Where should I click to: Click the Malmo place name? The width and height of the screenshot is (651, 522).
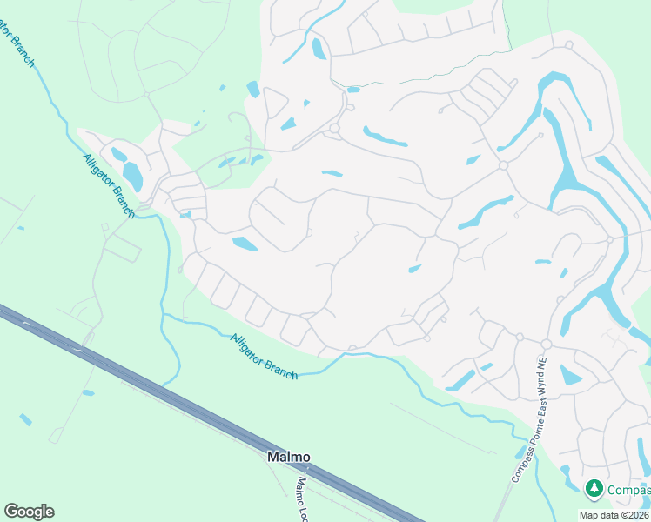coord(288,457)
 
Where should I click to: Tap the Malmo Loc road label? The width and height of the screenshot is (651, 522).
coord(304,497)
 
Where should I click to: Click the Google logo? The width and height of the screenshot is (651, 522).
coord(29,512)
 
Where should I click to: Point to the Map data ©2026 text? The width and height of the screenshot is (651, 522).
coord(614,515)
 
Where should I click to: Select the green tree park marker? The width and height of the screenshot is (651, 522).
coord(594,489)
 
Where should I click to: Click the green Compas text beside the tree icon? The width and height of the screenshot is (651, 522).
coord(629,490)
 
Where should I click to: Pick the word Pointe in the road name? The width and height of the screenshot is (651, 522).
coord(523,446)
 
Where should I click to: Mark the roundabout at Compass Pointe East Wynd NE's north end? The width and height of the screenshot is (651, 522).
coord(547,345)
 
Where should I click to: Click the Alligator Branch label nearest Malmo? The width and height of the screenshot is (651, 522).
coord(265,357)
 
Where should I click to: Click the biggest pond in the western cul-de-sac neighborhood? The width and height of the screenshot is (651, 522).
coord(133,176)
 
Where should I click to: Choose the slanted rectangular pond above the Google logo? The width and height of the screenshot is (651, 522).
coord(25,419)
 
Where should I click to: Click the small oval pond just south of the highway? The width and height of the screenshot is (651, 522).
coord(88,393)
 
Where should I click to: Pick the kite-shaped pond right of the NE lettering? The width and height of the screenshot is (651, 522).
coord(570,375)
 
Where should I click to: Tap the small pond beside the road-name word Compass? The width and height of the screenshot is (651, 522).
coord(520,452)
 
